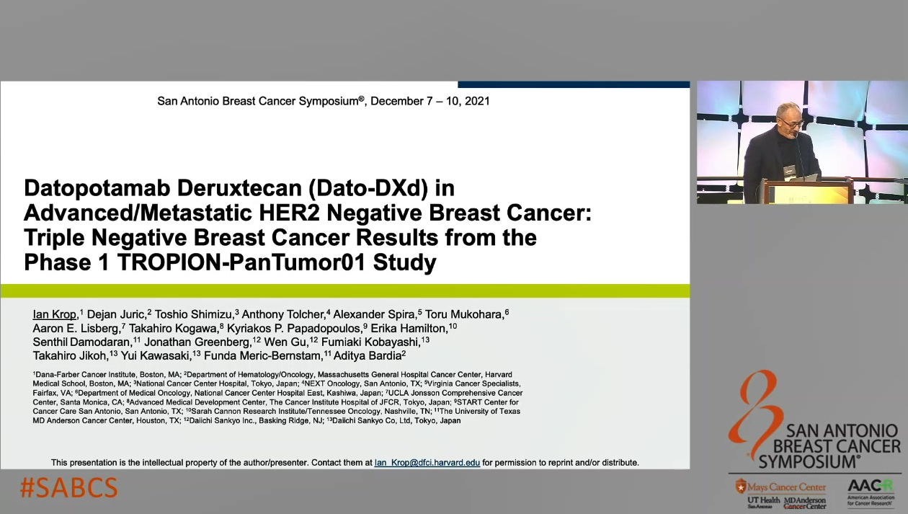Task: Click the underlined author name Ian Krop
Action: [54, 314]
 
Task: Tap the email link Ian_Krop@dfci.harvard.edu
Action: [427, 463]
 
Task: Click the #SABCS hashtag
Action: [68, 487]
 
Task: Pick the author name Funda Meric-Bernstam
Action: [262, 356]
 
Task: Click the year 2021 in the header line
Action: [477, 101]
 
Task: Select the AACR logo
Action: [871, 492]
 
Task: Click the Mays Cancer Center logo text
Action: [786, 487]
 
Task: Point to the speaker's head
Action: [790, 117]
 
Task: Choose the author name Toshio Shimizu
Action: [194, 314]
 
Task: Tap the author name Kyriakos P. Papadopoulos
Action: [293, 328]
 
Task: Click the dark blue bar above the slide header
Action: [574, 84]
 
